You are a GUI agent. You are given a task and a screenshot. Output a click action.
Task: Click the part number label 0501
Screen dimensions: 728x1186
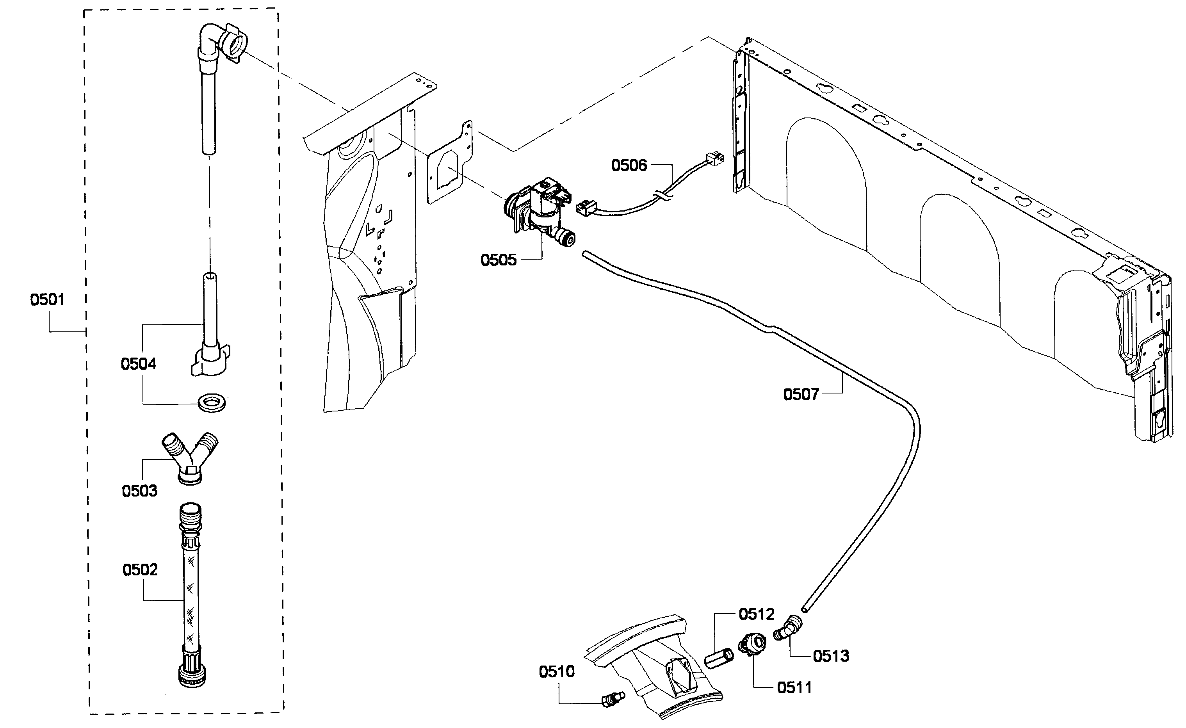(47, 299)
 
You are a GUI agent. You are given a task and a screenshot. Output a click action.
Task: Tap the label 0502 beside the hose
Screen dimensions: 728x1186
(140, 570)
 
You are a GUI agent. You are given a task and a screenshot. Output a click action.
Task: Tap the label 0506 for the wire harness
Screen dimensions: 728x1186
(629, 165)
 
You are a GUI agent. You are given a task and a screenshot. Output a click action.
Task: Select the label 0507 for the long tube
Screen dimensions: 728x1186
(801, 394)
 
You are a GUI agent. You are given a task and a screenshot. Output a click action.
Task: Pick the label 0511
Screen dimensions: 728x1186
(794, 687)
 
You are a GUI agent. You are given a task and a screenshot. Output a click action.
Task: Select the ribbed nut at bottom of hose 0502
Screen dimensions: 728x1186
(192, 674)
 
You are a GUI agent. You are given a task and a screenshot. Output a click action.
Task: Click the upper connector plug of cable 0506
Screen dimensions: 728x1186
(714, 159)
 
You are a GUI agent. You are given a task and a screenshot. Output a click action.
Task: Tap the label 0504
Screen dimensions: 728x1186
(138, 364)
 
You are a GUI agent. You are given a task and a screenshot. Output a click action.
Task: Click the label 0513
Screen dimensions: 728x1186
(831, 656)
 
